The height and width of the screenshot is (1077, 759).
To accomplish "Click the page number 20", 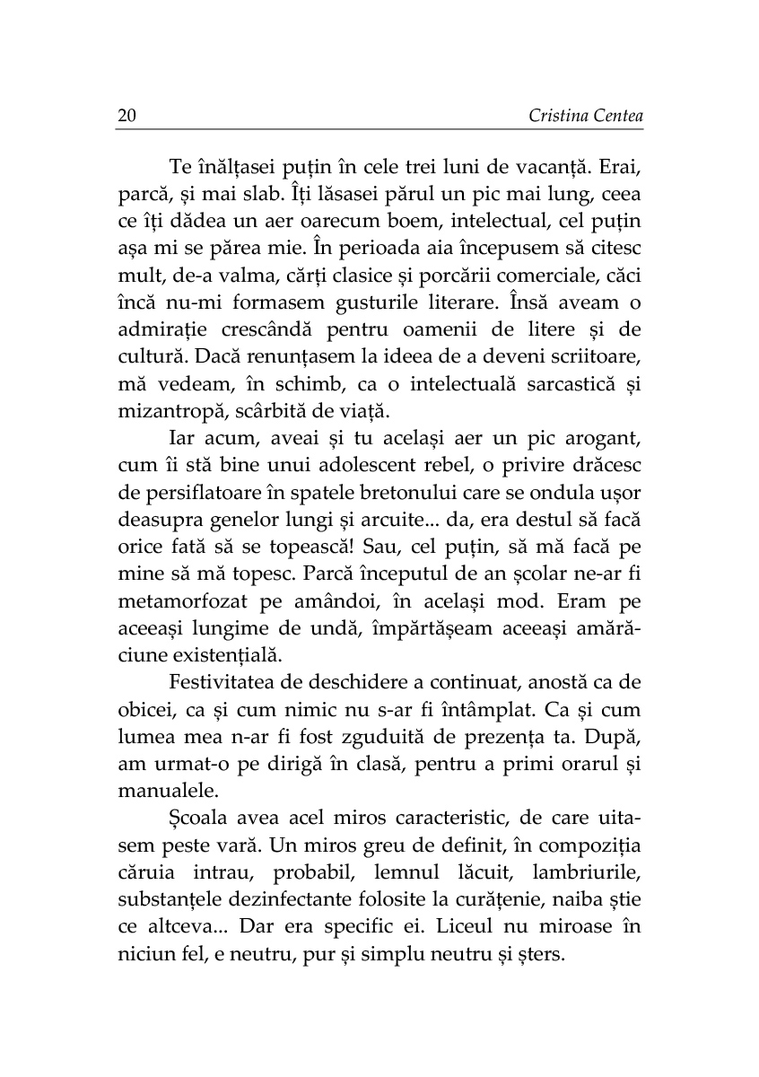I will coord(126,116).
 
